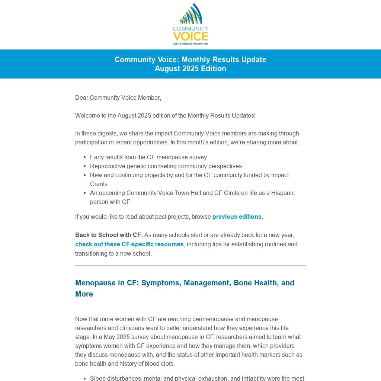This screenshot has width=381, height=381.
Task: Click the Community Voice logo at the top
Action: tap(190, 24)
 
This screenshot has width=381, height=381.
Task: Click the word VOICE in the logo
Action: tap(190, 36)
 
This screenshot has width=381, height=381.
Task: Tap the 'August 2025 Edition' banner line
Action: tap(190, 68)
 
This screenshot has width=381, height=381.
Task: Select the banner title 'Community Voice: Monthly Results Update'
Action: tap(190, 60)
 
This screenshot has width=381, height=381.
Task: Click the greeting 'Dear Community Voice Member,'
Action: tap(118, 97)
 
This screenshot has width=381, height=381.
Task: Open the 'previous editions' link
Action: tap(237, 217)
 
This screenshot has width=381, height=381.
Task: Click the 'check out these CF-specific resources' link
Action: tap(129, 244)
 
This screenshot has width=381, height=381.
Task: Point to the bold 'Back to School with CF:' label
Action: tap(109, 235)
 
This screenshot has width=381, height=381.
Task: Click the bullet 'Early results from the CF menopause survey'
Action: tap(148, 157)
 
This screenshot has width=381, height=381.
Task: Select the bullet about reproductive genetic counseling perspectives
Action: tap(166, 166)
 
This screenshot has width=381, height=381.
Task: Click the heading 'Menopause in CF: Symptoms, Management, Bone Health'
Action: tap(185, 283)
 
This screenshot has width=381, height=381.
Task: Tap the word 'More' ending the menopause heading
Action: tap(84, 294)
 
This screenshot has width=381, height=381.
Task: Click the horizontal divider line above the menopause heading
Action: tap(190, 265)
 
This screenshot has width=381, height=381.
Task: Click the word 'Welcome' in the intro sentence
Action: tap(87, 115)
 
